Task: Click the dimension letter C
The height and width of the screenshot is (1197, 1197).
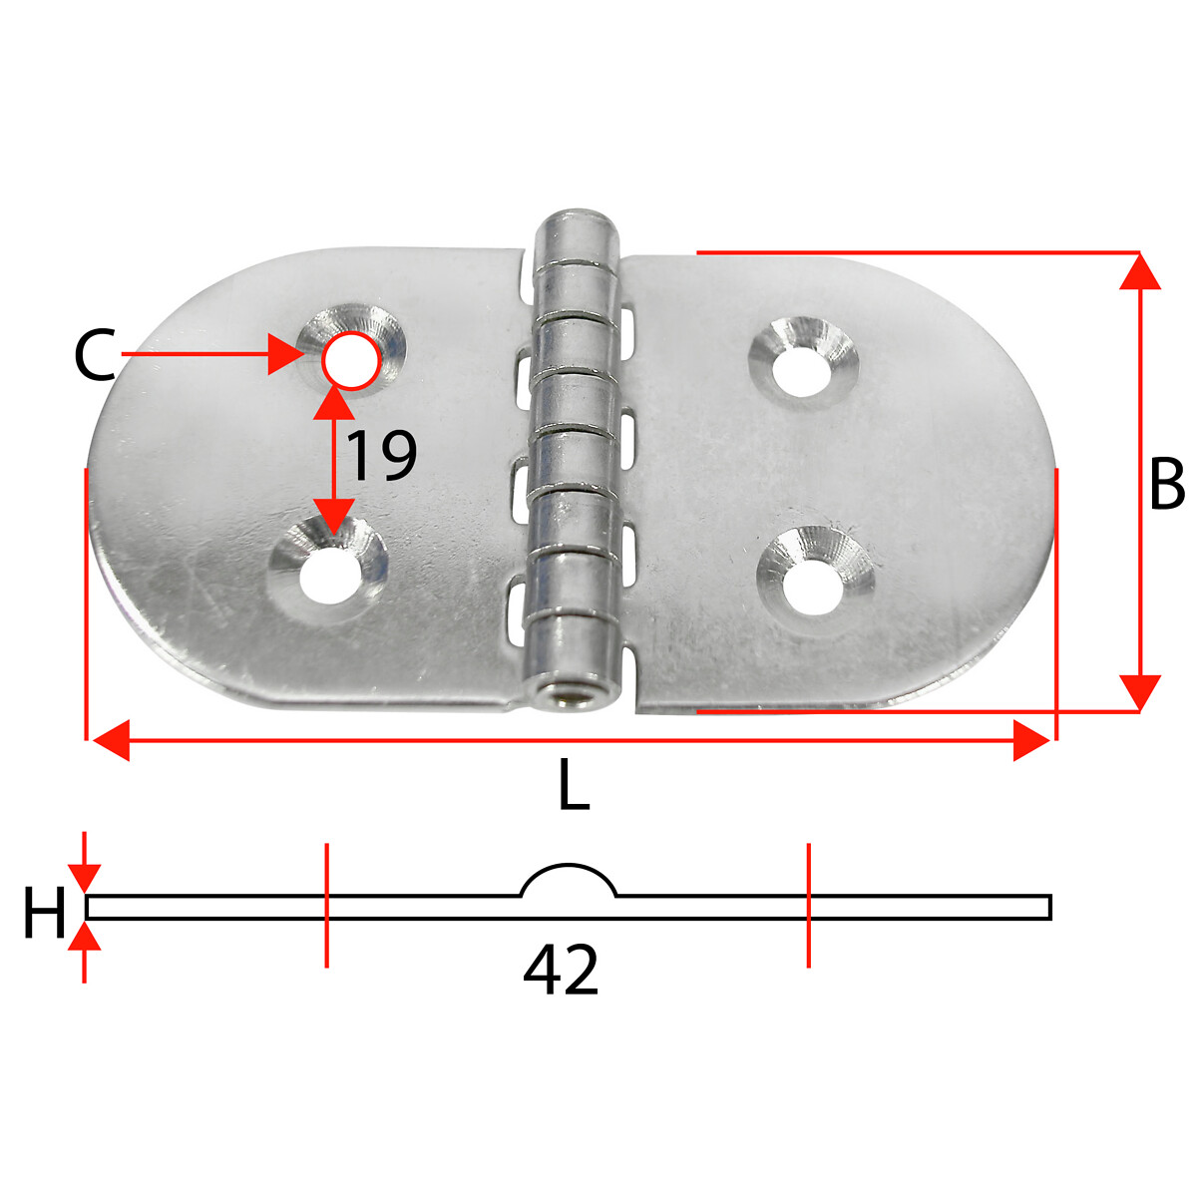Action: [95, 355]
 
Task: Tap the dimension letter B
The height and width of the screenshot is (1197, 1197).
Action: [1167, 484]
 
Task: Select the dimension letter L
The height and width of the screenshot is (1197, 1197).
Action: [574, 786]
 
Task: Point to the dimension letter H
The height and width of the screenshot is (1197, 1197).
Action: [44, 912]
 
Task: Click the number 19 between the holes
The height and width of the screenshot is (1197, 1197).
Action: [381, 456]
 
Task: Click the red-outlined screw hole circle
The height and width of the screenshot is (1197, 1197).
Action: [350, 361]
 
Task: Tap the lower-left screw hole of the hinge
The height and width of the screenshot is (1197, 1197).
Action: [329, 574]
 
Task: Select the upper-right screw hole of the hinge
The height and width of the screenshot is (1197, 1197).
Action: [803, 371]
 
